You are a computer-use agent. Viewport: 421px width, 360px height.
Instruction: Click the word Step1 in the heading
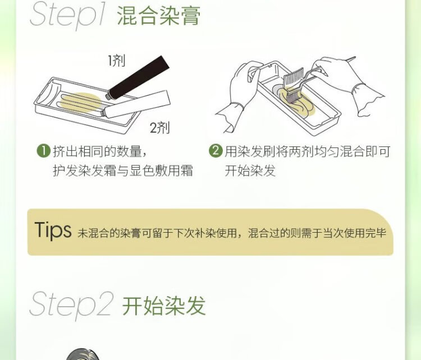[x=67, y=14]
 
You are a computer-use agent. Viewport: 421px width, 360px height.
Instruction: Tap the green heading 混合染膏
[x=159, y=16]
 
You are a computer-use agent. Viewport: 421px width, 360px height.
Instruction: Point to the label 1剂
[x=117, y=61]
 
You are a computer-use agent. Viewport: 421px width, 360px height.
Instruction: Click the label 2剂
[x=159, y=128]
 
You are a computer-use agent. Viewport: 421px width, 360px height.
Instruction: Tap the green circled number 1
[x=43, y=151]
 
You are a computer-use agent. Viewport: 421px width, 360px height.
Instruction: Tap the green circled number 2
[x=216, y=151]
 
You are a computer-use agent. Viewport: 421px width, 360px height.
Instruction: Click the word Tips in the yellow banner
[x=53, y=230]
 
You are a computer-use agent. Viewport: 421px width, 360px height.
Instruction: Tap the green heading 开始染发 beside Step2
[x=164, y=306]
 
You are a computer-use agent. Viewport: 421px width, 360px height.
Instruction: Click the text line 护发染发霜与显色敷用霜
[x=123, y=170]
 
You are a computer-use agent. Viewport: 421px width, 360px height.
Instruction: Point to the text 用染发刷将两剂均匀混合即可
[x=308, y=151]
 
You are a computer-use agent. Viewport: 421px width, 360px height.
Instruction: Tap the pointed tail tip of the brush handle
[x=355, y=57]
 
